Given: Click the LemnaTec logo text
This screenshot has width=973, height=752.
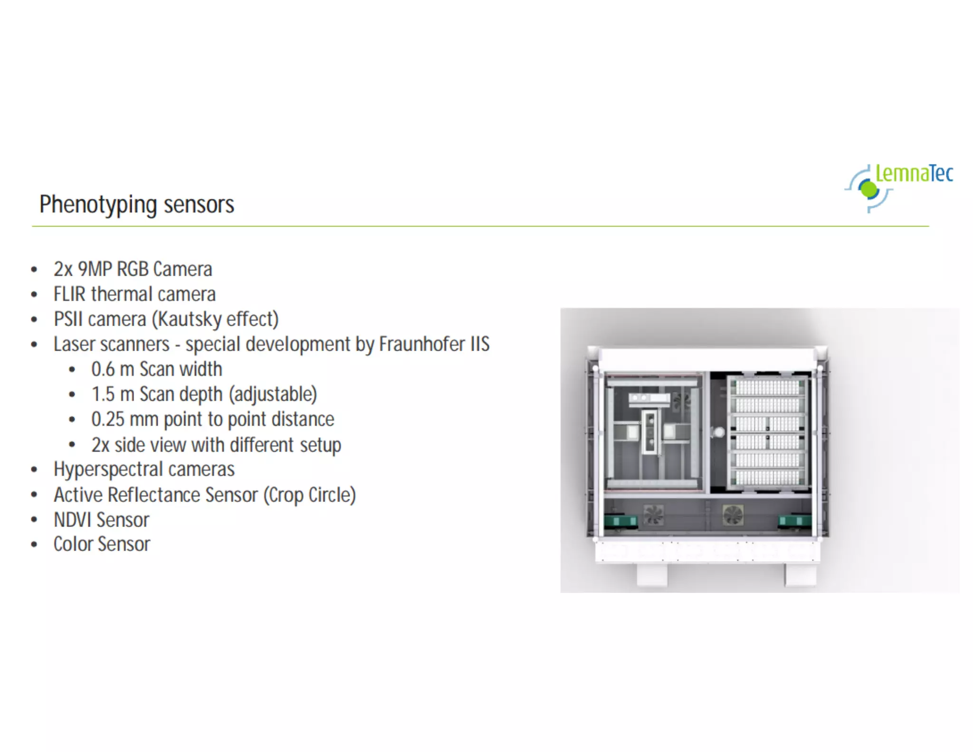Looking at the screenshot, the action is point(914,174).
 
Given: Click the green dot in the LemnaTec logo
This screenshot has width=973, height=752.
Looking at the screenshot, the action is point(869,190).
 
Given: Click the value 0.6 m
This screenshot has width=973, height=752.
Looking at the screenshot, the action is point(113,369).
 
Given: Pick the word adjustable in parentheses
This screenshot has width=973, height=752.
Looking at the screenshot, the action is point(273,395).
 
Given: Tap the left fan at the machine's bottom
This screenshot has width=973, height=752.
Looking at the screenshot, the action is point(654,515).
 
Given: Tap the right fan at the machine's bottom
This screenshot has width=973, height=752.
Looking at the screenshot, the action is point(733,515).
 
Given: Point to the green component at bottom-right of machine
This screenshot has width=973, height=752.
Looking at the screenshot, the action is point(794,521).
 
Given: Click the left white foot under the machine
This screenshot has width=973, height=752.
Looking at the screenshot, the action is point(652,575).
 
